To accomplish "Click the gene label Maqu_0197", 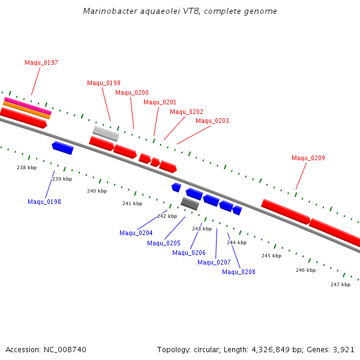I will [x=41, y=62].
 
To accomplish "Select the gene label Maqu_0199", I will [x=104, y=83].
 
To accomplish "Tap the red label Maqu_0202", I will [x=187, y=112].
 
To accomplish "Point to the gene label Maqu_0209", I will [x=308, y=158].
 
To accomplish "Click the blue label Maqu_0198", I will [x=44, y=202].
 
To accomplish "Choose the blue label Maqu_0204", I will [x=136, y=233].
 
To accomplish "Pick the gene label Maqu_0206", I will [x=189, y=253].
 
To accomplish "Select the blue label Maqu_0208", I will [x=239, y=272].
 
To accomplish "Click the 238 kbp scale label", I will [x=27, y=167].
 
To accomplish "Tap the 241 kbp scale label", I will [x=132, y=203].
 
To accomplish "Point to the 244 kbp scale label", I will [x=236, y=242].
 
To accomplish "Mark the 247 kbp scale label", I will [x=340, y=284].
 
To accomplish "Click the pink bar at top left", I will [x=28, y=105].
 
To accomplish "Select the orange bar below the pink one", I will [x=26, y=110].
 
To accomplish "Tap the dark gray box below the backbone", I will [x=190, y=203].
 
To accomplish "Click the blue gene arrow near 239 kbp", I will [x=62, y=148].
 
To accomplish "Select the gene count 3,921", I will [x=343, y=349].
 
